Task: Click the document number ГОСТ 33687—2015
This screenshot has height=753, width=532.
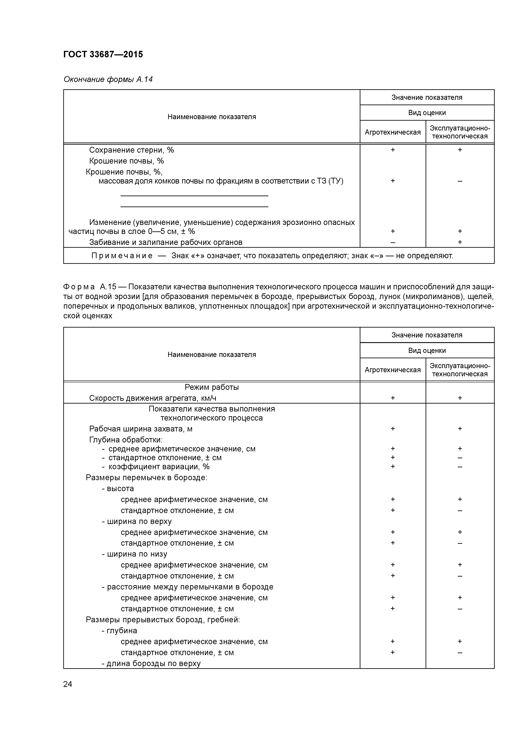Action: [x=103, y=55]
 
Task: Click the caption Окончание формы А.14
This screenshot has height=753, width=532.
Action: [x=108, y=79]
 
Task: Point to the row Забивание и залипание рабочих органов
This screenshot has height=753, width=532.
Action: [x=166, y=242]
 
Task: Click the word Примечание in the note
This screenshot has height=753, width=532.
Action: [x=122, y=256]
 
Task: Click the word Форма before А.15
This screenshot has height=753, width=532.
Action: [x=79, y=287]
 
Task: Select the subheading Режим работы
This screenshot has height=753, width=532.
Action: [x=212, y=387]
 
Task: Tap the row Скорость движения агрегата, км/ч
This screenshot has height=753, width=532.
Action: [x=153, y=398]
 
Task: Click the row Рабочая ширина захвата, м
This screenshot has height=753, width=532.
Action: [x=141, y=429]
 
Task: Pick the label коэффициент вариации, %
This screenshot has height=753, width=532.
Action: [x=159, y=467]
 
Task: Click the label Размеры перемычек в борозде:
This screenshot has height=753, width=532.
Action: [x=147, y=478]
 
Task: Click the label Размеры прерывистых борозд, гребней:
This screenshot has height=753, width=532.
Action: [x=163, y=619]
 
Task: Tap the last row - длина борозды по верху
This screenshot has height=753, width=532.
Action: [x=151, y=663]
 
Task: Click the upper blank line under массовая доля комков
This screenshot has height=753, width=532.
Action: [x=194, y=196]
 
